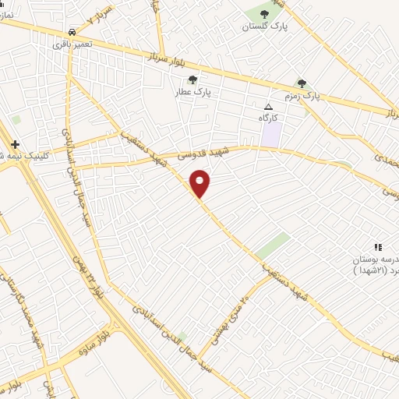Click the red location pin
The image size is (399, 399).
(200, 184)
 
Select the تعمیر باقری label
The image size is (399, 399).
(72, 44)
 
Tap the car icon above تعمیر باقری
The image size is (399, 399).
(72, 33)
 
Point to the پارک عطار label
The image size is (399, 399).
(194, 91)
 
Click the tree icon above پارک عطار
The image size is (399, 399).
(192, 79)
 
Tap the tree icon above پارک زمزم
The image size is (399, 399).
(301, 83)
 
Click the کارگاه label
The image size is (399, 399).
(269, 117)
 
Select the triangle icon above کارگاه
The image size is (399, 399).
(269, 106)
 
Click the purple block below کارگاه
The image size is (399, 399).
(270, 133)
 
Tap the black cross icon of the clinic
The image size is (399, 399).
(16, 143)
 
